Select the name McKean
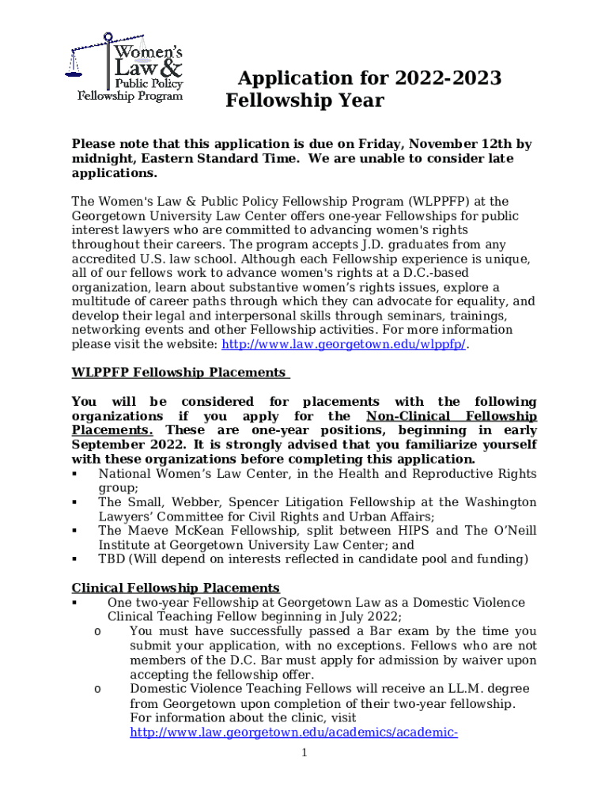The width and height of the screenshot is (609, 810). point(209,531)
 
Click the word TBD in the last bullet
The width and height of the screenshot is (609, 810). point(112,559)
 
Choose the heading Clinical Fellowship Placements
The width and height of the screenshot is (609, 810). point(176,588)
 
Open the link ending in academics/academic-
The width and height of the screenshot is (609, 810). point(293,732)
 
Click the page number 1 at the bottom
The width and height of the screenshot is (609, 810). point(304,752)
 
